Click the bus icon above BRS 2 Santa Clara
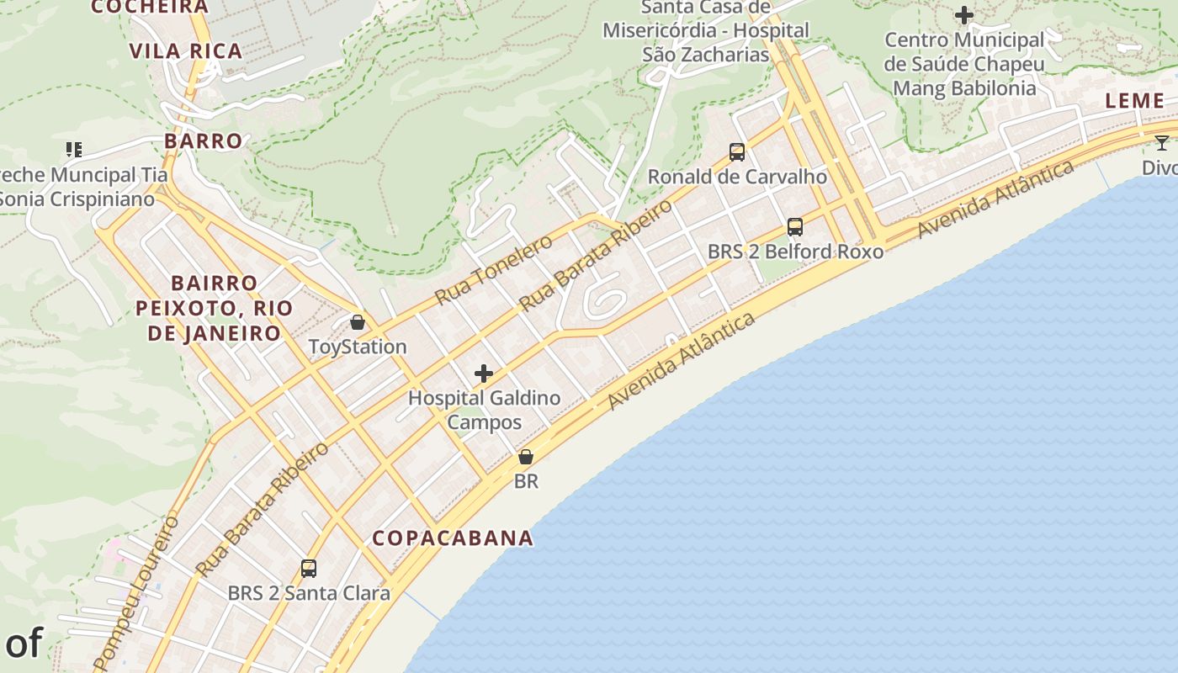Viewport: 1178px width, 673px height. (x=309, y=569)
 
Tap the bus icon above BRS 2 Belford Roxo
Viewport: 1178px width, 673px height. (x=795, y=227)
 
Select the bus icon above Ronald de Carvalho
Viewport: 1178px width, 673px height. (x=737, y=152)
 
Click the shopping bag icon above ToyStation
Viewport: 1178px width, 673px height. (x=358, y=322)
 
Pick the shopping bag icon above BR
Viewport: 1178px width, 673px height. (x=526, y=457)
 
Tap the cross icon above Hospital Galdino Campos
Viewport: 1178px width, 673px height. (x=484, y=374)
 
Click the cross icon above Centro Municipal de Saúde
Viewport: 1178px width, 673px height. (x=964, y=15)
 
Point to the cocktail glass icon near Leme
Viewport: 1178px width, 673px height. (x=1162, y=143)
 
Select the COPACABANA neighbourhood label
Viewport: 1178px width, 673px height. (x=453, y=538)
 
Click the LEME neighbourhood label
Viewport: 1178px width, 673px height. (x=1134, y=101)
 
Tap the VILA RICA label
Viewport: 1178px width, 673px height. (x=186, y=51)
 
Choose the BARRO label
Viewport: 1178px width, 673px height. (x=204, y=140)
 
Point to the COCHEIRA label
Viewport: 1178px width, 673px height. (x=150, y=7)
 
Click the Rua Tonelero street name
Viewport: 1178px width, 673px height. (x=494, y=270)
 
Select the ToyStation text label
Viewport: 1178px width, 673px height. (x=358, y=347)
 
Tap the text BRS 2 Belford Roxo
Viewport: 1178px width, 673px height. (x=795, y=252)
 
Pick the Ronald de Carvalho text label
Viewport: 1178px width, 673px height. (x=737, y=177)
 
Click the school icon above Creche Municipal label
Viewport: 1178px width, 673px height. (x=74, y=150)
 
